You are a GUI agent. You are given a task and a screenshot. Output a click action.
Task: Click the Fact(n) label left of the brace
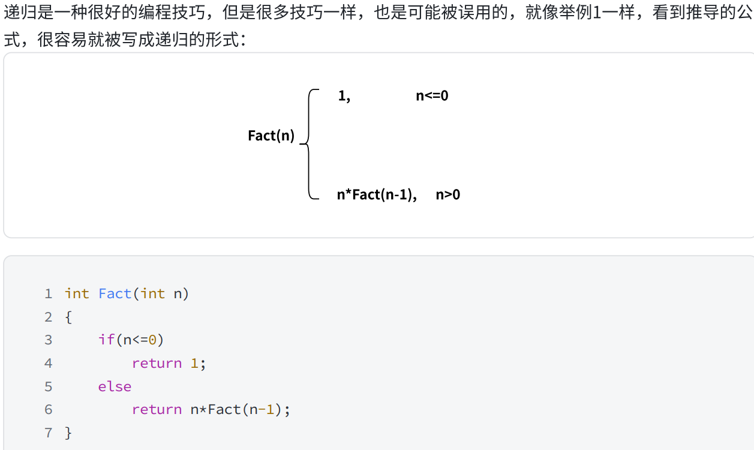point(271,136)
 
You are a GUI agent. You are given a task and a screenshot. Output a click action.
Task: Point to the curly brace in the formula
point(308,144)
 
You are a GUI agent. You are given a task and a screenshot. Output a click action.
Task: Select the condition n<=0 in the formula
point(432,96)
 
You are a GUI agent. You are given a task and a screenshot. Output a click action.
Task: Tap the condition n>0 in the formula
point(448,194)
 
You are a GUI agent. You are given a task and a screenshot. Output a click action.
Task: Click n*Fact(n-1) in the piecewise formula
point(377,194)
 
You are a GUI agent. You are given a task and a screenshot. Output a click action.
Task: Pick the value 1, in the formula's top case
point(344,96)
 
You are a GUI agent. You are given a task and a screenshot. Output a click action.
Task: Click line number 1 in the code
point(49,294)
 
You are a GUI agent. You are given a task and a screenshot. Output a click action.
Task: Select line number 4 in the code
point(49,364)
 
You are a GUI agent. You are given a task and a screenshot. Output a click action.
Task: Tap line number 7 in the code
point(49,433)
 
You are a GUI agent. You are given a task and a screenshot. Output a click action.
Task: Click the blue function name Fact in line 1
point(115,294)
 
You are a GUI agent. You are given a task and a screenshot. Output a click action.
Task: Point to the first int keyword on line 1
point(77,294)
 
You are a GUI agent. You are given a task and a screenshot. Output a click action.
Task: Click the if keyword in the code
point(106,340)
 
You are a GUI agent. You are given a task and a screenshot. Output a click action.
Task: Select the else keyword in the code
point(115,386)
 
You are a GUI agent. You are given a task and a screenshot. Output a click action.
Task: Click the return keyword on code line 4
point(157,364)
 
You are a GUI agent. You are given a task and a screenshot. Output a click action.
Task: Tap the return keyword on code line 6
point(157,410)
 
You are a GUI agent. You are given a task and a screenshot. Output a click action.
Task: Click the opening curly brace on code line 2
point(68,317)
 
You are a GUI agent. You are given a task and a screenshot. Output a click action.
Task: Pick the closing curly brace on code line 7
point(68,433)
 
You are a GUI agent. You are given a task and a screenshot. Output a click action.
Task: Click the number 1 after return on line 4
point(194,364)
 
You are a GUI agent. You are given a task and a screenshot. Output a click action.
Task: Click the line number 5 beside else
point(49,386)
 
